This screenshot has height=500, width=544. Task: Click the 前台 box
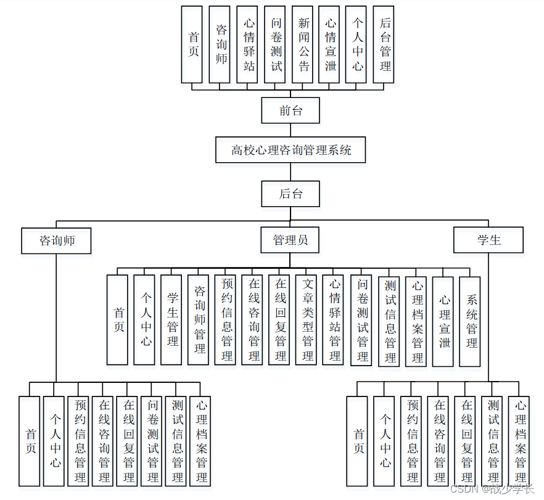pyautogui.click(x=291, y=110)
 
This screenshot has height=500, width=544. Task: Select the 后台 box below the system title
pyautogui.click(x=291, y=194)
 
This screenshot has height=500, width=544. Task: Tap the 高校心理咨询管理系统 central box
pyautogui.click(x=291, y=150)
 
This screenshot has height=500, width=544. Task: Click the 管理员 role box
pyautogui.click(x=290, y=240)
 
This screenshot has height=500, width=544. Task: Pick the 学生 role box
pyautogui.click(x=488, y=240)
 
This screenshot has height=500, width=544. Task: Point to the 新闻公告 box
pyautogui.click(x=302, y=44)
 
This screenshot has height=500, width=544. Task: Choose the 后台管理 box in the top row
pyautogui.click(x=384, y=44)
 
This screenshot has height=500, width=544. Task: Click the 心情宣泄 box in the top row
pyautogui.click(x=329, y=44)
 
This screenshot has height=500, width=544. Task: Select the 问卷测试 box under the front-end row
pyautogui.click(x=275, y=44)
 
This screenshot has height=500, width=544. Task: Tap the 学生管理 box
pyautogui.click(x=171, y=320)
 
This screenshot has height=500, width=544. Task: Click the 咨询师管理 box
pyautogui.click(x=198, y=320)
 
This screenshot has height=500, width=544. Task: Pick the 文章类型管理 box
pyautogui.click(x=306, y=320)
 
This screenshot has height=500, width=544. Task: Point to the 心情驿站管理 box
pyautogui.click(x=333, y=320)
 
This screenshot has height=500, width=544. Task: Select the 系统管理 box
pyautogui.click(x=470, y=321)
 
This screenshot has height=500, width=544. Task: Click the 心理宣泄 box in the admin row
pyautogui.click(x=443, y=321)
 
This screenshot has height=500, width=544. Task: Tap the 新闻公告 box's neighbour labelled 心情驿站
pyautogui.click(x=247, y=44)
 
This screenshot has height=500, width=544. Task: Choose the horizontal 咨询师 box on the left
pyautogui.click(x=56, y=240)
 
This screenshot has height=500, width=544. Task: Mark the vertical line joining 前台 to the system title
pyautogui.click(x=291, y=130)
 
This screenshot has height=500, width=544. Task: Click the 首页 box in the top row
pyautogui.click(x=192, y=44)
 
